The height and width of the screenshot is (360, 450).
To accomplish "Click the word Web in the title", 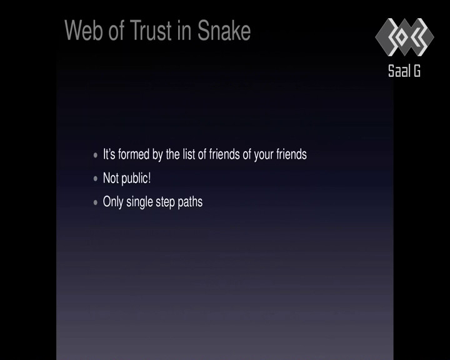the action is [x=84, y=30].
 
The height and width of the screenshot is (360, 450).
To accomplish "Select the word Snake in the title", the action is [x=224, y=30].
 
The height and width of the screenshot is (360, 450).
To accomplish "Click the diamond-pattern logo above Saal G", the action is [x=404, y=37].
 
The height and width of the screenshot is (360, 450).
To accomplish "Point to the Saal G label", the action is [x=404, y=71].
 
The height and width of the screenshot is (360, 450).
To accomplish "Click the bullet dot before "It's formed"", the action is [x=96, y=155].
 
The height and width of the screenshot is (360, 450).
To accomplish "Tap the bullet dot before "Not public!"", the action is [x=96, y=179].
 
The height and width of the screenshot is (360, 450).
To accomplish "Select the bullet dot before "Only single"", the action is [x=96, y=202].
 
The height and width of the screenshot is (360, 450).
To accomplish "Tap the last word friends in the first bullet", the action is [x=292, y=154].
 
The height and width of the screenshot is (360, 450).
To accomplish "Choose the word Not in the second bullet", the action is [x=111, y=178].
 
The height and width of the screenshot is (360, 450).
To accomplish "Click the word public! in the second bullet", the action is [x=136, y=179].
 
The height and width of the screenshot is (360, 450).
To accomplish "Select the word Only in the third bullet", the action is [x=113, y=202].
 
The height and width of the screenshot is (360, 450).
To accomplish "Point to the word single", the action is [x=139, y=202].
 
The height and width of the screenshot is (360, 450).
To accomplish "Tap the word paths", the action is [x=190, y=202].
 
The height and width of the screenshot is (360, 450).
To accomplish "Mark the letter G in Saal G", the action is [x=417, y=71].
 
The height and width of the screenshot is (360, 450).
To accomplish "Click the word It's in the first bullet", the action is [x=109, y=154].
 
